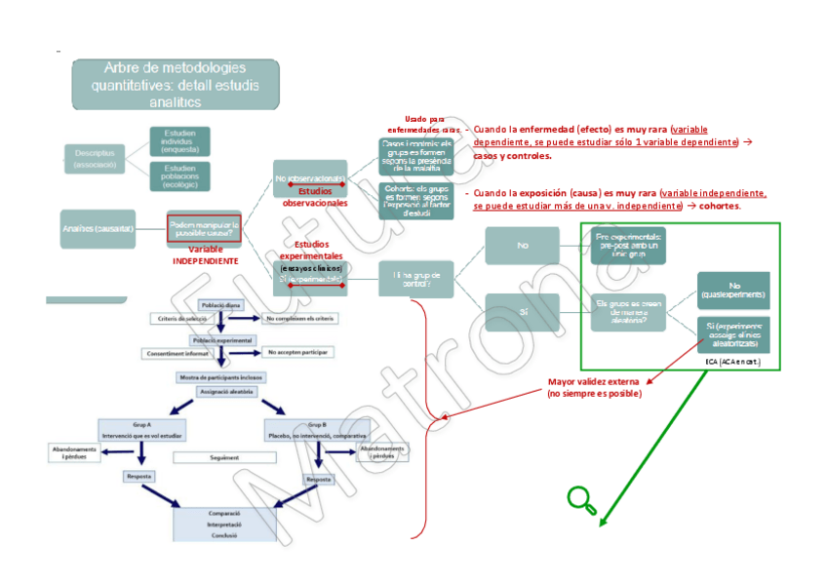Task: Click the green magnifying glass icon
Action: [x=581, y=499]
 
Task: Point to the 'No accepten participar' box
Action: [x=296, y=352]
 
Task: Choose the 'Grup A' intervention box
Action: [x=142, y=430]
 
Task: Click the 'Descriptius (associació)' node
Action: [x=95, y=159]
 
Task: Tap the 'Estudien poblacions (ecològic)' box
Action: [x=179, y=175]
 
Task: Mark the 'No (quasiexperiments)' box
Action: [x=732, y=290]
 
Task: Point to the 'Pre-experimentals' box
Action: [x=629, y=243]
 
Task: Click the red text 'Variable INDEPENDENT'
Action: [x=205, y=255]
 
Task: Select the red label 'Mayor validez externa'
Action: [x=593, y=387]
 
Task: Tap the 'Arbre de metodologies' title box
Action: [x=175, y=84]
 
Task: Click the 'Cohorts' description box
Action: [x=415, y=200]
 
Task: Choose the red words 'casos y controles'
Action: [x=512, y=155]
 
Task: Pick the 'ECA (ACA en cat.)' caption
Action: [x=731, y=362]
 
